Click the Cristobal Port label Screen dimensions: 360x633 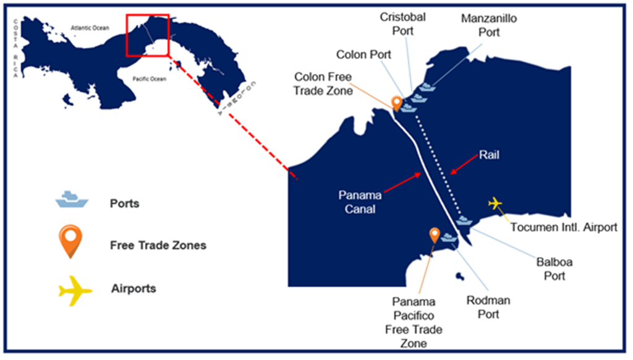pyautogui.click(x=402, y=24)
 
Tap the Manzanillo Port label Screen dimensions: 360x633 pyautogui.click(x=488, y=25)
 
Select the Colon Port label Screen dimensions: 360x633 pyautogui.click(x=364, y=54)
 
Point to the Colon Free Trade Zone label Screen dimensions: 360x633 pyautogui.click(x=323, y=84)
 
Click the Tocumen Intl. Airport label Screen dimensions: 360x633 pyautogui.click(x=563, y=227)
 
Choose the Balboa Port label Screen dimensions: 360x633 pyautogui.click(x=554, y=268)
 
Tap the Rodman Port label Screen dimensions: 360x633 pyautogui.click(x=488, y=307)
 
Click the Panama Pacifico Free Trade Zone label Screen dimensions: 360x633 pyautogui.click(x=414, y=322)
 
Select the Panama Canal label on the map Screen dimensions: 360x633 pyautogui.click(x=360, y=202)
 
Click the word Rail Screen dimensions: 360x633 pyautogui.click(x=488, y=155)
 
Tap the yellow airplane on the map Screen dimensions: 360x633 pyautogui.click(x=495, y=203)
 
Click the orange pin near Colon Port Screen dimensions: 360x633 pyautogui.click(x=397, y=102)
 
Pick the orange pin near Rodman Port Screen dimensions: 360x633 pyautogui.click(x=435, y=234)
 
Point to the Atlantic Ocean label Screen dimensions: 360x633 pyautogui.click(x=90, y=28)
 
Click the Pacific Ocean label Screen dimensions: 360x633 pyautogui.click(x=150, y=79)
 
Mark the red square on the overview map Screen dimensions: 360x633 pyautogui.click(x=147, y=35)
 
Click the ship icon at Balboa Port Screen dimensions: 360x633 pyautogui.click(x=464, y=220)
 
